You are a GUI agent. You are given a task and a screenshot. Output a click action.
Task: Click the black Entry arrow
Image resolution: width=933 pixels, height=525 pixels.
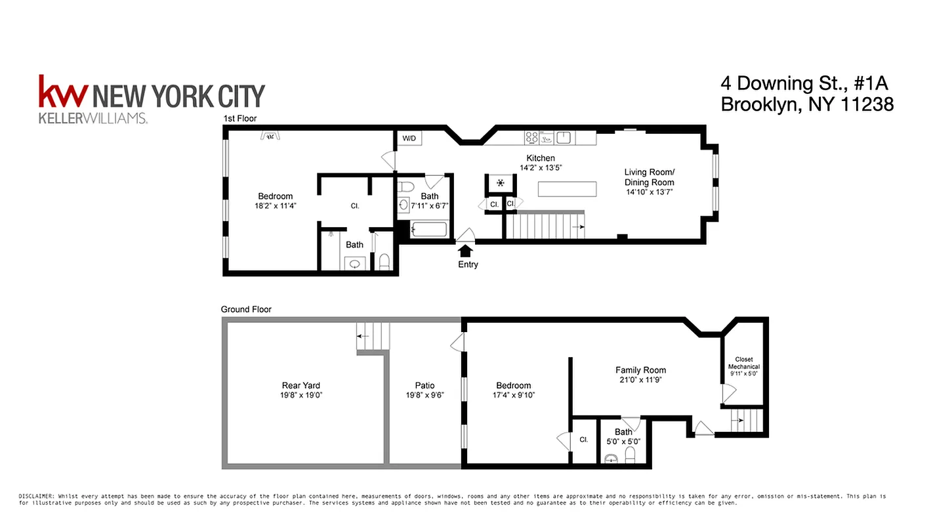[465, 250]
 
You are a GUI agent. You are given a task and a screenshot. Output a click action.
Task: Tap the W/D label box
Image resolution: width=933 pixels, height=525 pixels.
[409, 138]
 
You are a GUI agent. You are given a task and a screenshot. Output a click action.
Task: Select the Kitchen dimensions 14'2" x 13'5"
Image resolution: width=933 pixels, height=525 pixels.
[540, 168]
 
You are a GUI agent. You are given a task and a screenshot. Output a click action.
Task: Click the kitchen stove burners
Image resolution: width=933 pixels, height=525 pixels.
[532, 138]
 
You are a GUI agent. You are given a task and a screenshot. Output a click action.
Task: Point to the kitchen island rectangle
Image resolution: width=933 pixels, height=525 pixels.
[568, 189]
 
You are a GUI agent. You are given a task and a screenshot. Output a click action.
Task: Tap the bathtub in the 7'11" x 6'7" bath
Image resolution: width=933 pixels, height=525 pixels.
[428, 230]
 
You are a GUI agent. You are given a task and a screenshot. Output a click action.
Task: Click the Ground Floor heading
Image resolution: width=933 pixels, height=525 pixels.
[246, 309]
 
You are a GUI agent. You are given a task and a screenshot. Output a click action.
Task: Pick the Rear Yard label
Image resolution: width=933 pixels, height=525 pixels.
[301, 385]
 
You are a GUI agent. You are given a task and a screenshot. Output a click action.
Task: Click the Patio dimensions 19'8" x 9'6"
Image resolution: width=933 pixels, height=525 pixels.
[425, 395]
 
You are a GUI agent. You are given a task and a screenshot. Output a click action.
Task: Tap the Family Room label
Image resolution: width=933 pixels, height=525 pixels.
[640, 370]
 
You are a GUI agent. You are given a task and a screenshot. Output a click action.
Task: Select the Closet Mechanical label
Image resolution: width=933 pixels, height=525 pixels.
[743, 363]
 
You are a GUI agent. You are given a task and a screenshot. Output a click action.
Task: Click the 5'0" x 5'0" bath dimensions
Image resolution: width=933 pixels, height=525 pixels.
[623, 442]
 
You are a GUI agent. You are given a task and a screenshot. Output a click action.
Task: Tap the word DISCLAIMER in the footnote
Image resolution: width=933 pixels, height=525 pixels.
[37, 496]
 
